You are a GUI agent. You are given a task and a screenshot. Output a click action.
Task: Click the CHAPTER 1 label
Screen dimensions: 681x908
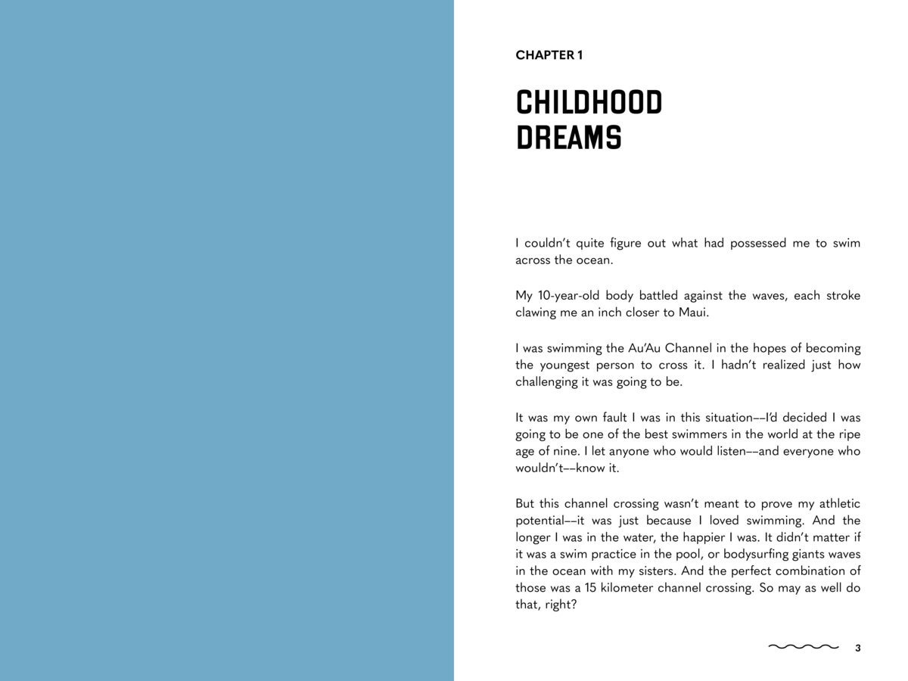click(549, 55)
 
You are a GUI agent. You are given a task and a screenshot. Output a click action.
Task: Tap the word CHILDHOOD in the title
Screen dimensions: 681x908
click(589, 103)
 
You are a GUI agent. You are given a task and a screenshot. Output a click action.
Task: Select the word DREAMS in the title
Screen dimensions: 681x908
click(568, 138)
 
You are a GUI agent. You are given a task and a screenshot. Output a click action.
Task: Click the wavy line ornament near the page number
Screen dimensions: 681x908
click(804, 647)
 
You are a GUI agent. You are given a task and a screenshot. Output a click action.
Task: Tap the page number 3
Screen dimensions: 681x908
click(857, 648)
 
